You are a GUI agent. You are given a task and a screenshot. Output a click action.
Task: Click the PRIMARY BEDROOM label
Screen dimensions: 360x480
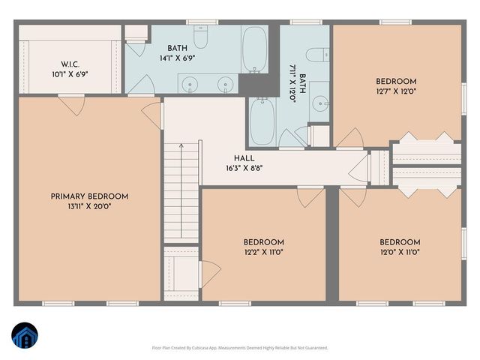click(x=89, y=196)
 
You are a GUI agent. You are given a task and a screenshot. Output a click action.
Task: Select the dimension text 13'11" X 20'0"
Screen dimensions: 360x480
click(x=89, y=208)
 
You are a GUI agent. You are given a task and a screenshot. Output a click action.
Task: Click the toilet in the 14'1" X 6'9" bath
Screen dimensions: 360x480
click(x=201, y=37)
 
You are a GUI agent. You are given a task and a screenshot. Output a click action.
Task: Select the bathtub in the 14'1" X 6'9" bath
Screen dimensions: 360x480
click(x=254, y=49)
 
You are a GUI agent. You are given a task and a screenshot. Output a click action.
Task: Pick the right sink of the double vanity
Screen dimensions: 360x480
click(x=225, y=85)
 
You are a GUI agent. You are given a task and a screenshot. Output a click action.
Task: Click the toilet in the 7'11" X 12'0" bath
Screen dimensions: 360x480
click(x=319, y=53)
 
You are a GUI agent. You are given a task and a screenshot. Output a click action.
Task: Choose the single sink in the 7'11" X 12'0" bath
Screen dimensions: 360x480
click(x=320, y=103)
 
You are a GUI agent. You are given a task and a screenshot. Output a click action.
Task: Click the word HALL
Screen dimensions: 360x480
click(x=243, y=158)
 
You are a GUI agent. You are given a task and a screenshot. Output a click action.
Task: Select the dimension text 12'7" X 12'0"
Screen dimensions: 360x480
click(x=397, y=91)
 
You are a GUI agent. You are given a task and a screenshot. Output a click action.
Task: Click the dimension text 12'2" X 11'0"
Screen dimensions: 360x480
click(x=263, y=253)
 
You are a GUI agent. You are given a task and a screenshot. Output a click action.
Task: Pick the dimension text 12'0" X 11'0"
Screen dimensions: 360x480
click(x=399, y=253)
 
